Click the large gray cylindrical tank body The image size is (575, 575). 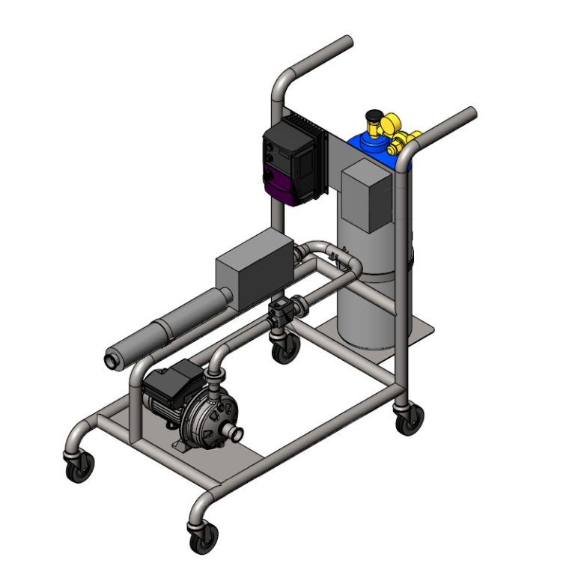pyautogui.click(x=367, y=299)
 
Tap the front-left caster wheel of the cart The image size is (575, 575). pyautogui.click(x=79, y=467)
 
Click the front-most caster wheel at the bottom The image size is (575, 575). pyautogui.click(x=204, y=538)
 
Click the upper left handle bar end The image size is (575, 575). pyautogui.click(x=347, y=41)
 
